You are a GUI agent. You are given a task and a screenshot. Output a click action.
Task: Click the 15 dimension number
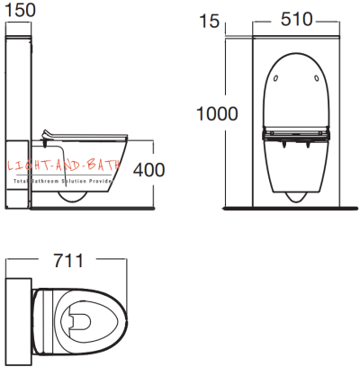coord(235,18)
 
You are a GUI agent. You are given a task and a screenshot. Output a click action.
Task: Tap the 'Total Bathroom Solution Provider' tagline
coord(61,181)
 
